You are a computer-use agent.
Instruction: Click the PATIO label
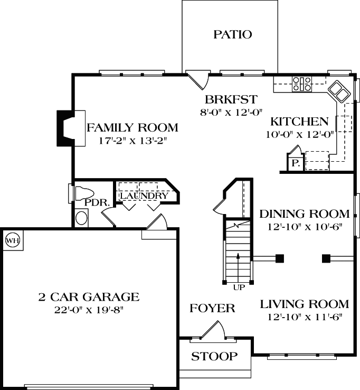point(232,35)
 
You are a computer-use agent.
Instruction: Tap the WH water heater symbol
point(12,241)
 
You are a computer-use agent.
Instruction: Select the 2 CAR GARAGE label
point(89,296)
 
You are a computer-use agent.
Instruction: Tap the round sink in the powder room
point(81,217)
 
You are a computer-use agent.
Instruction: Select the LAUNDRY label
point(144,196)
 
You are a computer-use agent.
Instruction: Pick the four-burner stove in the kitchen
point(302,83)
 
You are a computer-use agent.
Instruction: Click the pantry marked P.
point(295,163)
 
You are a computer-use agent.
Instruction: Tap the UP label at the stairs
point(239,287)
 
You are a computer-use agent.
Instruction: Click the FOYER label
point(212,308)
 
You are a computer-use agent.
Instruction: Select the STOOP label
point(214,356)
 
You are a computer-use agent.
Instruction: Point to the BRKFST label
point(231,99)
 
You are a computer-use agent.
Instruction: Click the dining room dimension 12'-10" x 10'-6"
point(305,227)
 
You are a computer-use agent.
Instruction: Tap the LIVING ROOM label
point(304,304)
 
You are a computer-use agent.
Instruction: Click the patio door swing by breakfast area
point(199,80)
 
